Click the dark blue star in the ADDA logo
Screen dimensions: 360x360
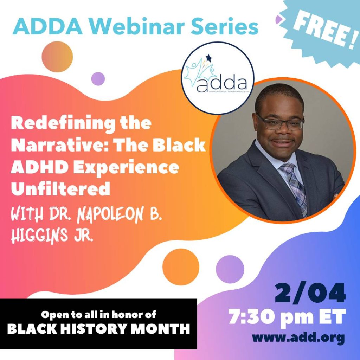208,58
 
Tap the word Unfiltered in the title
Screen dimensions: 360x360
60,188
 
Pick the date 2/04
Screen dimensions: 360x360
310,293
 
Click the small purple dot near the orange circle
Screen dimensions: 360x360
98,79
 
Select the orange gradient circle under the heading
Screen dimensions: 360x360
57,57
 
